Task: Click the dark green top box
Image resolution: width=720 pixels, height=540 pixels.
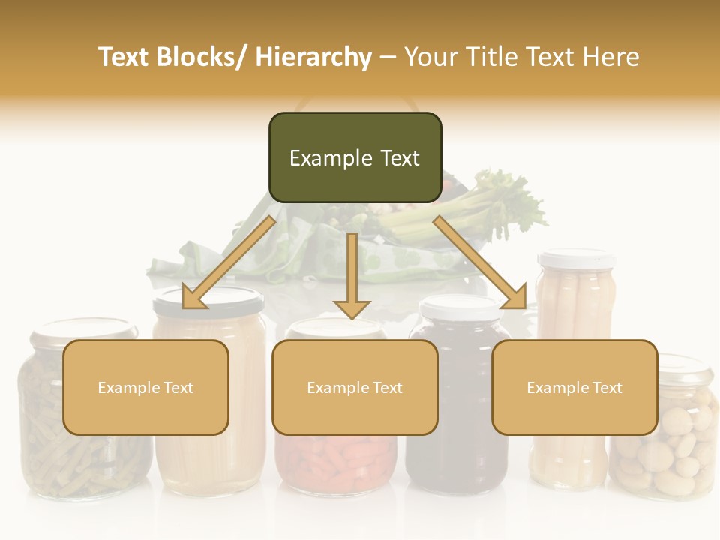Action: click(355, 157)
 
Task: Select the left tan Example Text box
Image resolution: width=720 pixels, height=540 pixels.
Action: click(145, 387)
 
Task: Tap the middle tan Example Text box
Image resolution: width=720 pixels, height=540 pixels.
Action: click(355, 387)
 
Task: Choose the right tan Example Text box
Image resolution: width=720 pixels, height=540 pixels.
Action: click(574, 387)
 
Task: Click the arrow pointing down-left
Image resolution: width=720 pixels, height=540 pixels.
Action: click(229, 262)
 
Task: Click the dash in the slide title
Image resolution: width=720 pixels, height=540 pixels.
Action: click(388, 57)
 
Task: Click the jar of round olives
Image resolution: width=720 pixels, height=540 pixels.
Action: click(664, 457)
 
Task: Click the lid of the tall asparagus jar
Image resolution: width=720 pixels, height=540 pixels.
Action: click(576, 259)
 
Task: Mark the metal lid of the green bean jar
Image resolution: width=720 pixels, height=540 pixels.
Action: click(82, 329)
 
